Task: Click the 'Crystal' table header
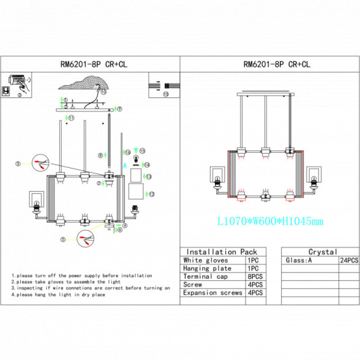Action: [322, 251]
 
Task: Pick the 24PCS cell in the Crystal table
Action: [349, 260]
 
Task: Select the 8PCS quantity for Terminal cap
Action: [255, 276]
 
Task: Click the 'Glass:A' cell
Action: [299, 260]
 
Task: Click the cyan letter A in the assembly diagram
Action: [125, 165]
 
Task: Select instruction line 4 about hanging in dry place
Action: [58, 295]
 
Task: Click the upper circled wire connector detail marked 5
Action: [40, 162]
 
